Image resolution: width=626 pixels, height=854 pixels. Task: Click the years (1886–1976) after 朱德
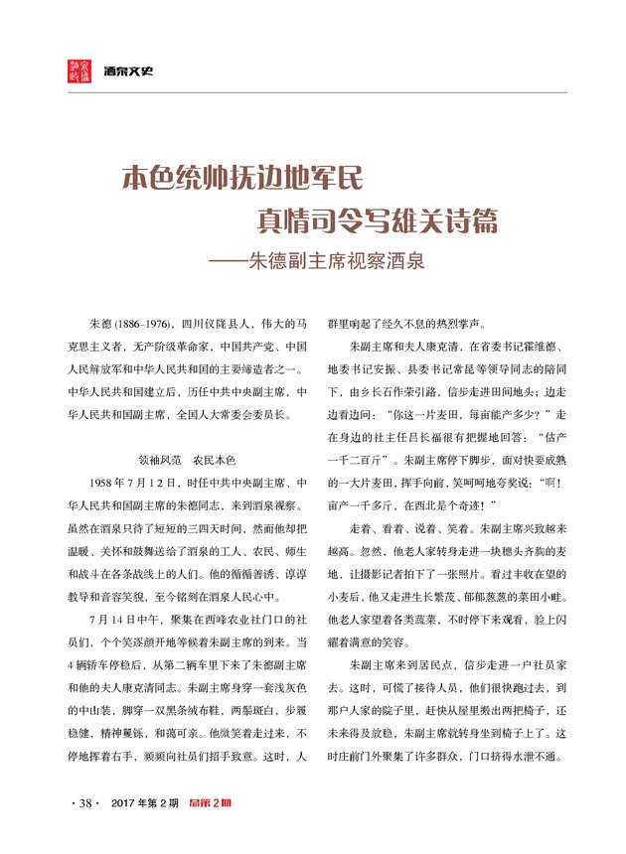tap(144, 325)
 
